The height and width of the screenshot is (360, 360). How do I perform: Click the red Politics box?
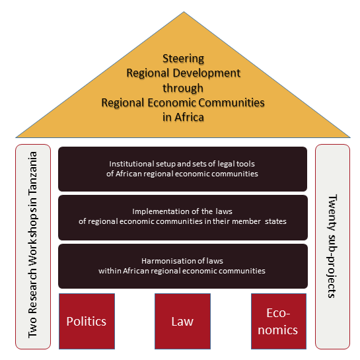[87, 321]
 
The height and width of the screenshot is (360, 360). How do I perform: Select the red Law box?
[182, 321]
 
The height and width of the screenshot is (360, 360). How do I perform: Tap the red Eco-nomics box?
[279, 321]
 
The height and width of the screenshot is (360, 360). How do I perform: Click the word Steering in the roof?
[183, 59]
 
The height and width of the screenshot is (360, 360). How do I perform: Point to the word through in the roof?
[183, 88]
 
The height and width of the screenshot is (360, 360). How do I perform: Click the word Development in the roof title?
[207, 73]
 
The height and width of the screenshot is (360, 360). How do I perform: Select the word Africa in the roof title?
[189, 117]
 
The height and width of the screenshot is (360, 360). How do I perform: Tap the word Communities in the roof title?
[231, 102]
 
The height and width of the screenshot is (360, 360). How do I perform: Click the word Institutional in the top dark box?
[131, 164]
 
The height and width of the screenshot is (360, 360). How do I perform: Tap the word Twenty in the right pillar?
[332, 213]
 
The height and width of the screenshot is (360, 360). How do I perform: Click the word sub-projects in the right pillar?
[332, 266]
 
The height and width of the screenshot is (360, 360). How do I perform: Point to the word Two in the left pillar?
[32, 328]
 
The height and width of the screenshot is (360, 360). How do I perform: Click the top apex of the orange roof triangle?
[184, 12]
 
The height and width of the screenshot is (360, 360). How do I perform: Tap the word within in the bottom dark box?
[110, 271]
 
